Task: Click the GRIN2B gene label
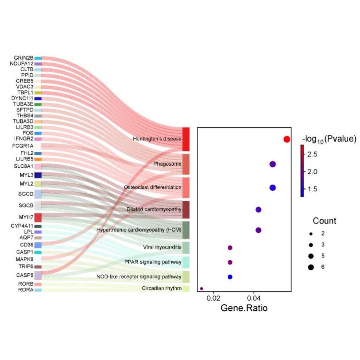click(23, 58)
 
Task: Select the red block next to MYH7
click(38, 217)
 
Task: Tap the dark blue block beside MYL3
click(38, 175)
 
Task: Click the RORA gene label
click(26, 290)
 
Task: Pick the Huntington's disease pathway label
click(157, 139)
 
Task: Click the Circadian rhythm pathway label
click(162, 288)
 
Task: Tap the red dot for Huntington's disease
click(287, 139)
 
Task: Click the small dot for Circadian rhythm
click(201, 289)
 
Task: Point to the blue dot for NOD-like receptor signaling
click(230, 277)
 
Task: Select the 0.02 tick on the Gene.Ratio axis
click(214, 298)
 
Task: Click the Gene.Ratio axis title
click(244, 308)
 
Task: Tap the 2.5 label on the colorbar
click(312, 154)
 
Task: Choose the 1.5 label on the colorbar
click(312, 189)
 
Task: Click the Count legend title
click(324, 221)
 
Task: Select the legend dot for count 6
click(311, 267)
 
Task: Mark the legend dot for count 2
click(311, 234)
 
